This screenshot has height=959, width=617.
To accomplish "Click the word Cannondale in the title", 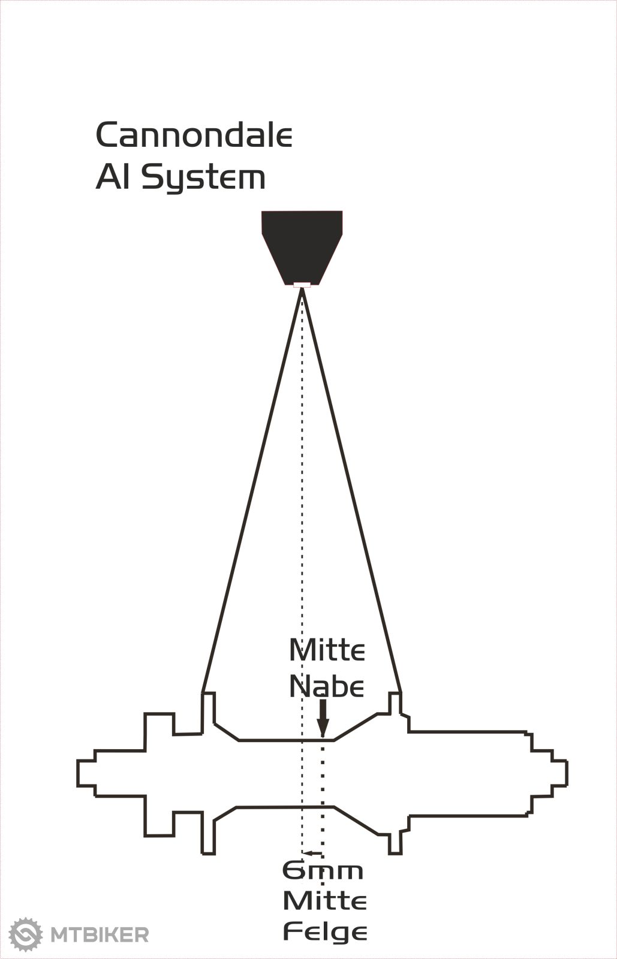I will point(194,135).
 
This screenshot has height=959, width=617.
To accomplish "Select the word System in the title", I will point(203,178).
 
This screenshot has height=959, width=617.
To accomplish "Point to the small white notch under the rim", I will point(302,285).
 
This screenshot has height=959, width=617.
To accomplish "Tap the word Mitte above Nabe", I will point(327,650).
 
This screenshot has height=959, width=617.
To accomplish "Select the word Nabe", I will point(326,686).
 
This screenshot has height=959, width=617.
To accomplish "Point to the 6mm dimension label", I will point(323,871).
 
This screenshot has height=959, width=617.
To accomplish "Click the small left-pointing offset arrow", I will point(312,853).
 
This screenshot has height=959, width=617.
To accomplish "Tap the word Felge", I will point(324,932).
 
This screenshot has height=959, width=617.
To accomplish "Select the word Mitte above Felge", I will point(324,901).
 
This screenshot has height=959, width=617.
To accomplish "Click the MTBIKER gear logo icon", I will point(25,934).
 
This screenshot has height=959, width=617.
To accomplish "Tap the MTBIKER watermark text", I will point(100,934).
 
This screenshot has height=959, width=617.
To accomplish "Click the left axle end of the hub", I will point(86,773).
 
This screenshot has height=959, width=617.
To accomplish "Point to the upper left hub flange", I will point(208,712).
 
